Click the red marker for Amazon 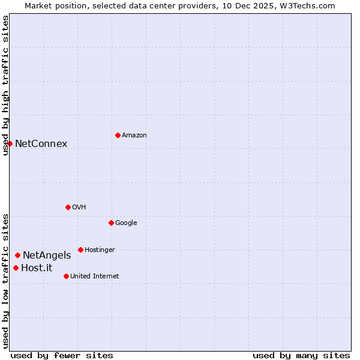[118, 135]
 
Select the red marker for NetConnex [10, 143]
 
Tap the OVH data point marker [68, 207]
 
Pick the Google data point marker [111, 223]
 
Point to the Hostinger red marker [80, 250]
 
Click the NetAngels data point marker [18, 255]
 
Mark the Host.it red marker [16, 268]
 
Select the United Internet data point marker [66, 276]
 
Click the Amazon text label [134, 136]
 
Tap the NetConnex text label [41, 144]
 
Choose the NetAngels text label [47, 256]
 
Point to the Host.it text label [37, 268]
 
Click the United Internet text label [95, 277]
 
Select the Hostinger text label [100, 250]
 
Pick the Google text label [126, 223]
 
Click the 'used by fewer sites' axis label [62, 355]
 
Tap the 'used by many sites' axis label [301, 355]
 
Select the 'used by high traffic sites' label [5, 85]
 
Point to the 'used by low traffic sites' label [5, 280]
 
